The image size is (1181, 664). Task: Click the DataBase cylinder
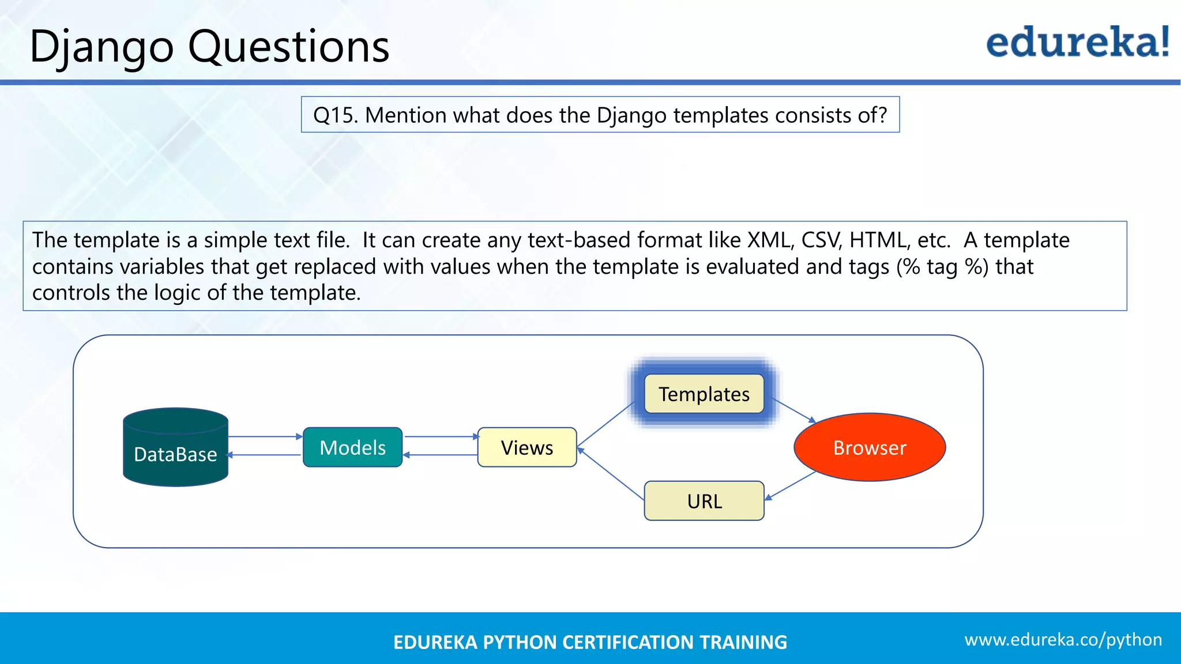coord(175,447)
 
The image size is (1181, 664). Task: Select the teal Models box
coord(352,447)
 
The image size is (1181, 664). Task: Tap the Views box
coord(526,447)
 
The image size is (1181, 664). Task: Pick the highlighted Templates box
coord(704,394)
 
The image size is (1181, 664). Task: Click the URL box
coord(704,501)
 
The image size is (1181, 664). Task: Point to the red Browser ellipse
coord(869,447)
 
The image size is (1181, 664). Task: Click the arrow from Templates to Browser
coord(793,410)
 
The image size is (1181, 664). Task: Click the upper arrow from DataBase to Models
coord(265,437)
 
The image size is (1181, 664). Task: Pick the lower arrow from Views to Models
coord(440,455)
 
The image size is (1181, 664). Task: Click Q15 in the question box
coord(335,115)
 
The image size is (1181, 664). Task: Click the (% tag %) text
coord(942,267)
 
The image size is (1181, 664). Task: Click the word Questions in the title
coord(288,46)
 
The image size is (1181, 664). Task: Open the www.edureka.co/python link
coord(1063,640)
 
